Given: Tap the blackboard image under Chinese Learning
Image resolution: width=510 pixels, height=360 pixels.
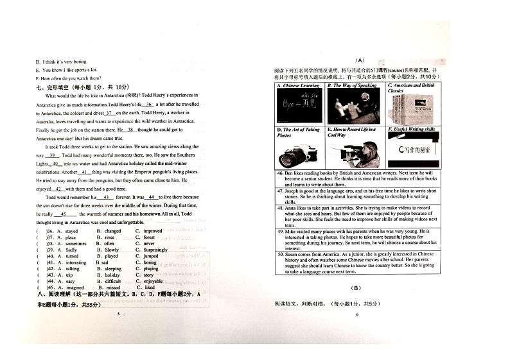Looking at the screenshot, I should [x=299, y=103].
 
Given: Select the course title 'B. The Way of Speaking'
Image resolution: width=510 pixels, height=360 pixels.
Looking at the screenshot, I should [x=352, y=85].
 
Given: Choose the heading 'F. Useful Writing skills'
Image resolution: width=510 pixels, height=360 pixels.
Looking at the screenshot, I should [x=412, y=129].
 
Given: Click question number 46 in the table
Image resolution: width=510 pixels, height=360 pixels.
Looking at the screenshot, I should [x=280, y=173].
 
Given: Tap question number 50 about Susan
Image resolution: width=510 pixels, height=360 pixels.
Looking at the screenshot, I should [x=280, y=254].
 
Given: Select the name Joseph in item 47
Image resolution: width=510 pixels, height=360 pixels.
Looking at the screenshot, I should [x=293, y=191].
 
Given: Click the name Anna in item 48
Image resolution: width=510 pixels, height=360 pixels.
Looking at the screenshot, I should [x=292, y=209].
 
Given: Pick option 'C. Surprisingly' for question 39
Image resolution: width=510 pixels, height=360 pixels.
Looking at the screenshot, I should [x=152, y=250].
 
